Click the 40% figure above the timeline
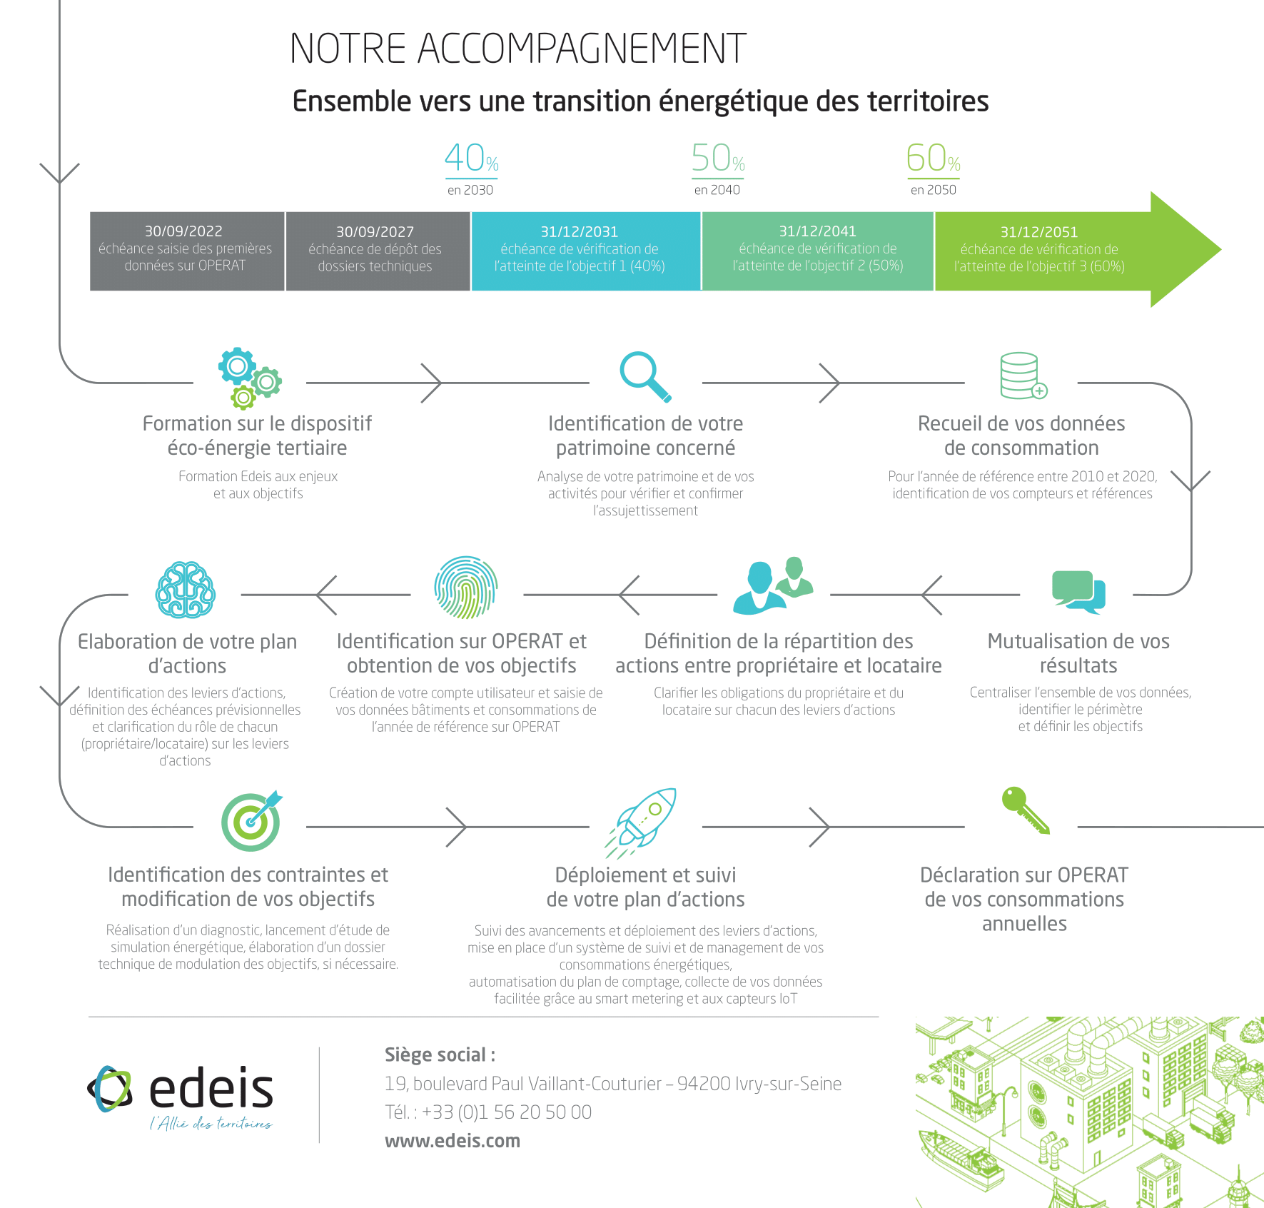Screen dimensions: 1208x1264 (x=471, y=158)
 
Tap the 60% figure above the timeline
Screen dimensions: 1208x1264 (x=933, y=158)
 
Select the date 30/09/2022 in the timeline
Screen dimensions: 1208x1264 (x=183, y=231)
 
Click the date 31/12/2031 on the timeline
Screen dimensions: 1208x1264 (x=579, y=232)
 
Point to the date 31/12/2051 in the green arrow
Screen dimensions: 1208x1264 (x=1038, y=232)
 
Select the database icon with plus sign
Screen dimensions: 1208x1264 (x=1022, y=376)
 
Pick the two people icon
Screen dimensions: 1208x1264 (x=773, y=586)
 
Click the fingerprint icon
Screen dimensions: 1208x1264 (x=466, y=588)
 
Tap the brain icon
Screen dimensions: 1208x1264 (x=186, y=590)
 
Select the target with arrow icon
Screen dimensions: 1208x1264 (x=251, y=821)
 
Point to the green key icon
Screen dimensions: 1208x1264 (x=1025, y=810)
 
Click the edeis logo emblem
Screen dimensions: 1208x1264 (x=111, y=1089)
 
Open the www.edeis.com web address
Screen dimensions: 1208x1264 (x=452, y=1141)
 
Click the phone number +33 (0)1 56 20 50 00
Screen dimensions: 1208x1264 (x=506, y=1112)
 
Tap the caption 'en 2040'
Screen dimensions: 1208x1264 (x=717, y=190)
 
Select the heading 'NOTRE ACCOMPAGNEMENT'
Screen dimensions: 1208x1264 (x=517, y=49)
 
